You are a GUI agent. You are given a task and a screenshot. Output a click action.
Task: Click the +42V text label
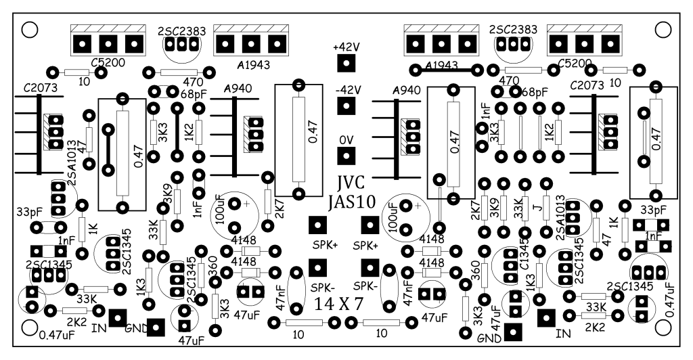click(346, 47)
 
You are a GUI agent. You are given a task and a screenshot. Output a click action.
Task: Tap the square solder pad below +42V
click(346, 63)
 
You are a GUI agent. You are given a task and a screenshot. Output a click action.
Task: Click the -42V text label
click(348, 90)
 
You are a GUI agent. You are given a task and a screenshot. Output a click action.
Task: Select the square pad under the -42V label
click(346, 106)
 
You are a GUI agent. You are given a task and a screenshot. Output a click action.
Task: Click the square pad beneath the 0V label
click(346, 156)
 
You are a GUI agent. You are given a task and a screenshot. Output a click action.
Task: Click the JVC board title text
click(351, 183)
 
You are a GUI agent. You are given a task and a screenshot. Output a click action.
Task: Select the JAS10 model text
click(352, 202)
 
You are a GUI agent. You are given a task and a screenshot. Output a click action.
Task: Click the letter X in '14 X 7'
click(342, 304)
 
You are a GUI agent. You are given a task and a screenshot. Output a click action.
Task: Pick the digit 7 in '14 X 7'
click(358, 304)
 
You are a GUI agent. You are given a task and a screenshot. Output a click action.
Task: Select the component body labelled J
click(546, 208)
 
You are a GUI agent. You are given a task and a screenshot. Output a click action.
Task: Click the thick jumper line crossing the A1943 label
click(446, 70)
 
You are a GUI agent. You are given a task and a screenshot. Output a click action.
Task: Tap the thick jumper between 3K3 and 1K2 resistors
click(177, 132)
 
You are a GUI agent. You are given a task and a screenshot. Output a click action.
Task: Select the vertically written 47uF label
click(496, 317)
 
